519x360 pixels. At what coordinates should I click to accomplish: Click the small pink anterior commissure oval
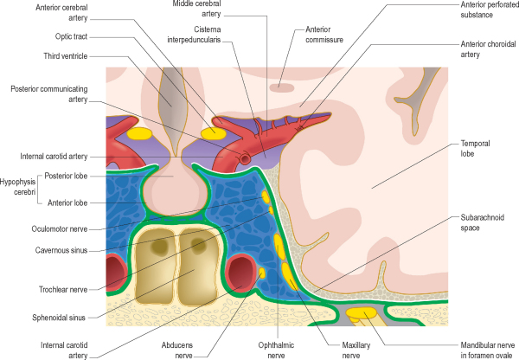tap(280, 87)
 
